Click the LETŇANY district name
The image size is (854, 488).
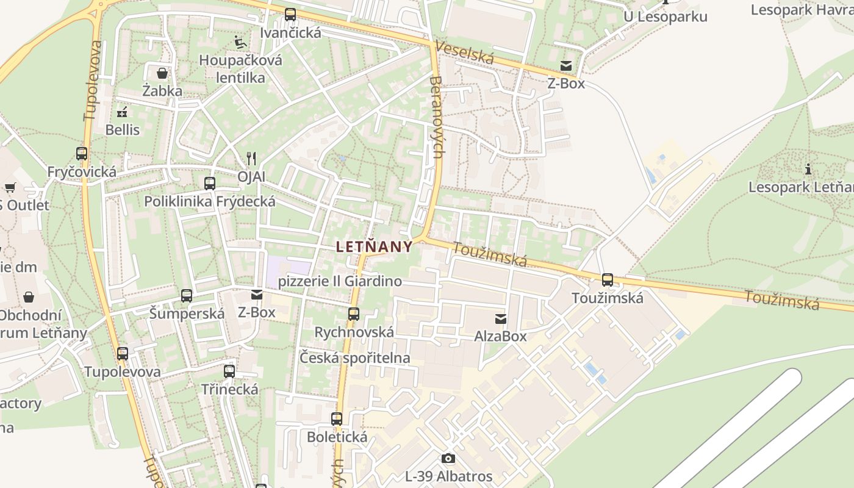coord(374,246)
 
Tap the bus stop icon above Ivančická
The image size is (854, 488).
coord(290,15)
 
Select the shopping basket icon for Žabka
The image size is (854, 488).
coord(162,74)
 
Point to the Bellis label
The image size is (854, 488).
coord(123,130)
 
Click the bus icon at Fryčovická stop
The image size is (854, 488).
coord(82,154)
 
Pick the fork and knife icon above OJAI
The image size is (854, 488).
coord(251,159)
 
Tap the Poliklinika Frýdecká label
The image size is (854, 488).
coord(210,201)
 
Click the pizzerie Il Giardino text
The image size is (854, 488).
coord(340,281)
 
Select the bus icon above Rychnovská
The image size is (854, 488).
coord(354,314)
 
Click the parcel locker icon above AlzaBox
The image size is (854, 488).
coord(501,318)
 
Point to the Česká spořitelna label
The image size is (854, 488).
coord(354,358)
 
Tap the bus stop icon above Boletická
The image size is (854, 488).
coord(337,419)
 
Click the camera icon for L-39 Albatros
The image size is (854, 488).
coord(448,458)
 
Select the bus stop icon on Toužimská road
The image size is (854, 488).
coord(608,280)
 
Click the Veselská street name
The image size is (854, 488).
coord(465,54)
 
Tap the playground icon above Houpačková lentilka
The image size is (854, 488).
coord(240,42)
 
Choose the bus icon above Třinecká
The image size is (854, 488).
coord(229,371)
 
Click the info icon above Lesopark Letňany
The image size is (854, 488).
coord(809,169)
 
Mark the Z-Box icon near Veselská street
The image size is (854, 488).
coord(567,66)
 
